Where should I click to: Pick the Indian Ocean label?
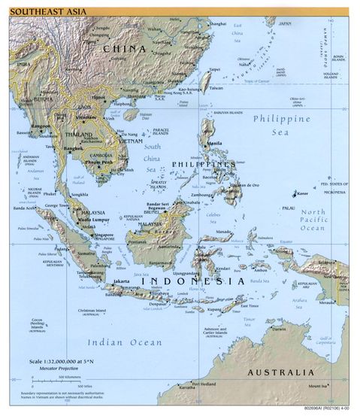click(x=124, y=342)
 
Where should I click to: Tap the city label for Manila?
click(x=214, y=143)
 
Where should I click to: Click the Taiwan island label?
click(x=216, y=88)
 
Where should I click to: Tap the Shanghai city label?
click(x=217, y=23)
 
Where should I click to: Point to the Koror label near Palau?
click(x=304, y=193)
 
